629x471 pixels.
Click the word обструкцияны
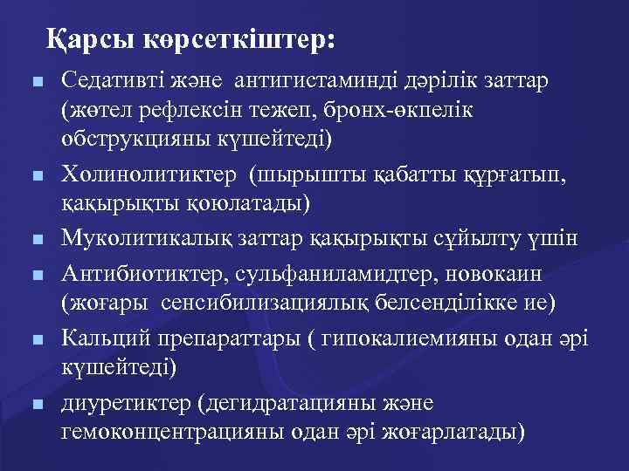(118, 140)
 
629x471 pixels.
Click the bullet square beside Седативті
(37, 83)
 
